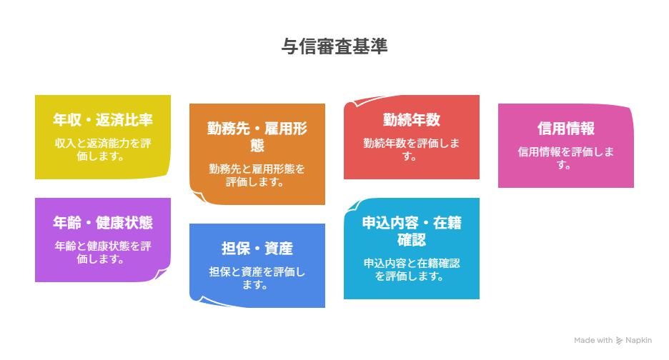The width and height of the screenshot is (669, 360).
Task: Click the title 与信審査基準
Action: (334, 46)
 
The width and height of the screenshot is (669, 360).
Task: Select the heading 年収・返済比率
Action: (103, 120)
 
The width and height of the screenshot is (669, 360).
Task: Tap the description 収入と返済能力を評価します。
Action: (103, 150)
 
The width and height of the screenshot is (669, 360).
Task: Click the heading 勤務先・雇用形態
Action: (257, 137)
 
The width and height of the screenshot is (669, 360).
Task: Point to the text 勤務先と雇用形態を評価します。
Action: (257, 175)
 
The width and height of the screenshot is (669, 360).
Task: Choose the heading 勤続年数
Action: (412, 120)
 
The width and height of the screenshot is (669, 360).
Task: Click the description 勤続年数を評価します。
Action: (412, 150)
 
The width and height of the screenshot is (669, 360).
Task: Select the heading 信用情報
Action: (566, 129)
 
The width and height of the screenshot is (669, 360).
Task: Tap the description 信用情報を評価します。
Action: (566, 159)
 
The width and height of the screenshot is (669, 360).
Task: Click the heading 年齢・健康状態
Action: (103, 223)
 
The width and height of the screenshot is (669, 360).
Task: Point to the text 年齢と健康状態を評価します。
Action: (103, 253)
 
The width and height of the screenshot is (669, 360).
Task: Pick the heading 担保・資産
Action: (257, 249)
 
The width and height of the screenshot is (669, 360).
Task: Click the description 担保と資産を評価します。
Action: (257, 278)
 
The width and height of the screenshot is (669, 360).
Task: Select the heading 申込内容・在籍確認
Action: (412, 231)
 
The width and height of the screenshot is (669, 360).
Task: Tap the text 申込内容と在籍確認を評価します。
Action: (412, 269)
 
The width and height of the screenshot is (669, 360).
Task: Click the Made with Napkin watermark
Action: (613, 341)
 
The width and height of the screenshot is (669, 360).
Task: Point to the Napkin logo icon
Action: (619, 341)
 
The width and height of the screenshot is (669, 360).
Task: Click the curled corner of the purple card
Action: (162, 274)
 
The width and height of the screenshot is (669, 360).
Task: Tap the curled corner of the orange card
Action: (199, 196)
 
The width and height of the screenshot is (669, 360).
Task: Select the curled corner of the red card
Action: (354, 102)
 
